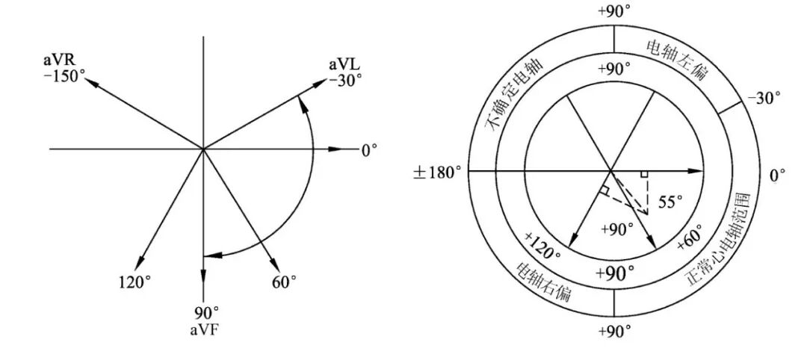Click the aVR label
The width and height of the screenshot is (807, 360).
[59, 60]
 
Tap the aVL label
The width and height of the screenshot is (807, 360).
[344, 65]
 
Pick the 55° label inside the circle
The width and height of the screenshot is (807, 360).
[670, 202]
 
